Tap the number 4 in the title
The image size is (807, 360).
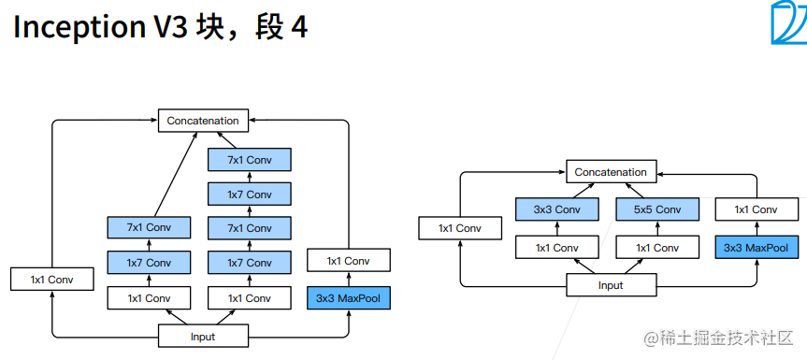(299, 27)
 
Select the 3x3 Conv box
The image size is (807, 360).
(556, 209)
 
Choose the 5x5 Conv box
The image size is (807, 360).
(656, 209)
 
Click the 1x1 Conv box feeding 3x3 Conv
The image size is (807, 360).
(556, 248)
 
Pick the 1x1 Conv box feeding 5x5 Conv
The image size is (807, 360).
(656, 248)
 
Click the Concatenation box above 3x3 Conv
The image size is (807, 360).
(610, 172)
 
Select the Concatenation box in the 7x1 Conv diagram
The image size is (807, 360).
(203, 121)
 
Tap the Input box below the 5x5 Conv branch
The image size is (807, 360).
(610, 285)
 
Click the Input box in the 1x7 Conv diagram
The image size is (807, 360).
(203, 337)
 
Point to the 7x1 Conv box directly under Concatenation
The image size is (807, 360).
(250, 160)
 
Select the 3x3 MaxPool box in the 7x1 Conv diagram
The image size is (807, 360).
(349, 298)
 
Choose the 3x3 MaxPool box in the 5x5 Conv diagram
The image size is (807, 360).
(756, 248)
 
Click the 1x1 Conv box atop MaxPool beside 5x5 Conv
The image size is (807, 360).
(756, 209)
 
